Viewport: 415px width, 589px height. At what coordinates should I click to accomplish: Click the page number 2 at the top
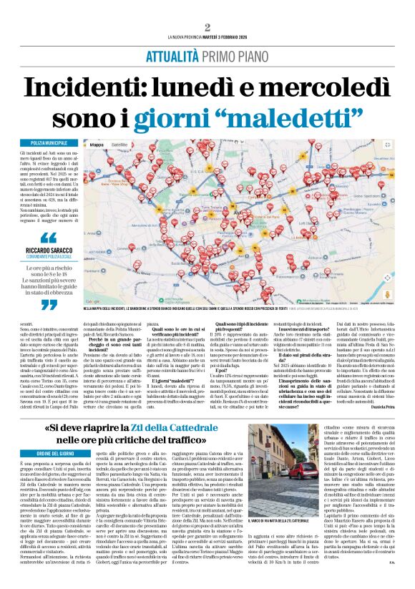tap(207, 27)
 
